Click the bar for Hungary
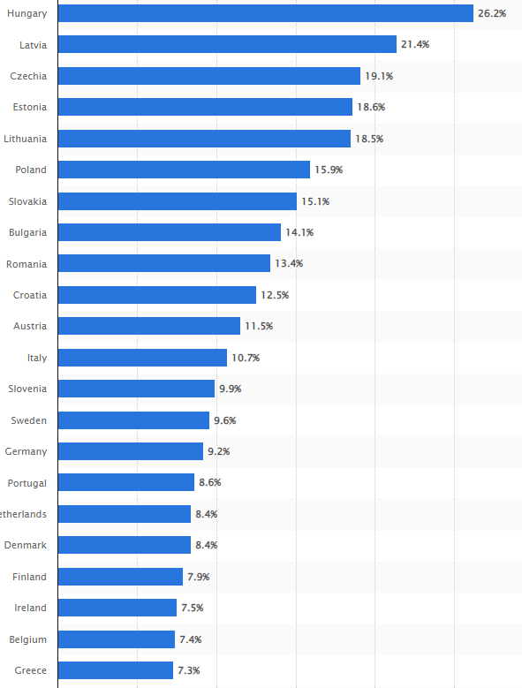click(x=265, y=13)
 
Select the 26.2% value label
click(x=492, y=13)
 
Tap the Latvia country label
click(x=33, y=44)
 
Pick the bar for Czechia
click(x=208, y=76)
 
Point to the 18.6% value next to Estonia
click(x=371, y=107)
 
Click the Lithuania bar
click(x=204, y=139)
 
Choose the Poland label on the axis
click(x=31, y=170)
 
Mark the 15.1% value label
click(x=315, y=201)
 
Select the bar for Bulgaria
click(x=170, y=232)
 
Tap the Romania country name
click(x=26, y=264)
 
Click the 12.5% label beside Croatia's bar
click(x=275, y=295)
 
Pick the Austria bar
click(x=149, y=326)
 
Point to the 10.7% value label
click(x=246, y=358)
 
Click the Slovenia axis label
click(x=27, y=389)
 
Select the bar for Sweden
click(x=133, y=420)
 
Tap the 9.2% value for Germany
click(x=218, y=451)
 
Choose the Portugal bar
click(x=126, y=482)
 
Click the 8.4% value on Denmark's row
click(x=206, y=545)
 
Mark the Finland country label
click(x=30, y=577)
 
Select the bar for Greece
click(x=116, y=670)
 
